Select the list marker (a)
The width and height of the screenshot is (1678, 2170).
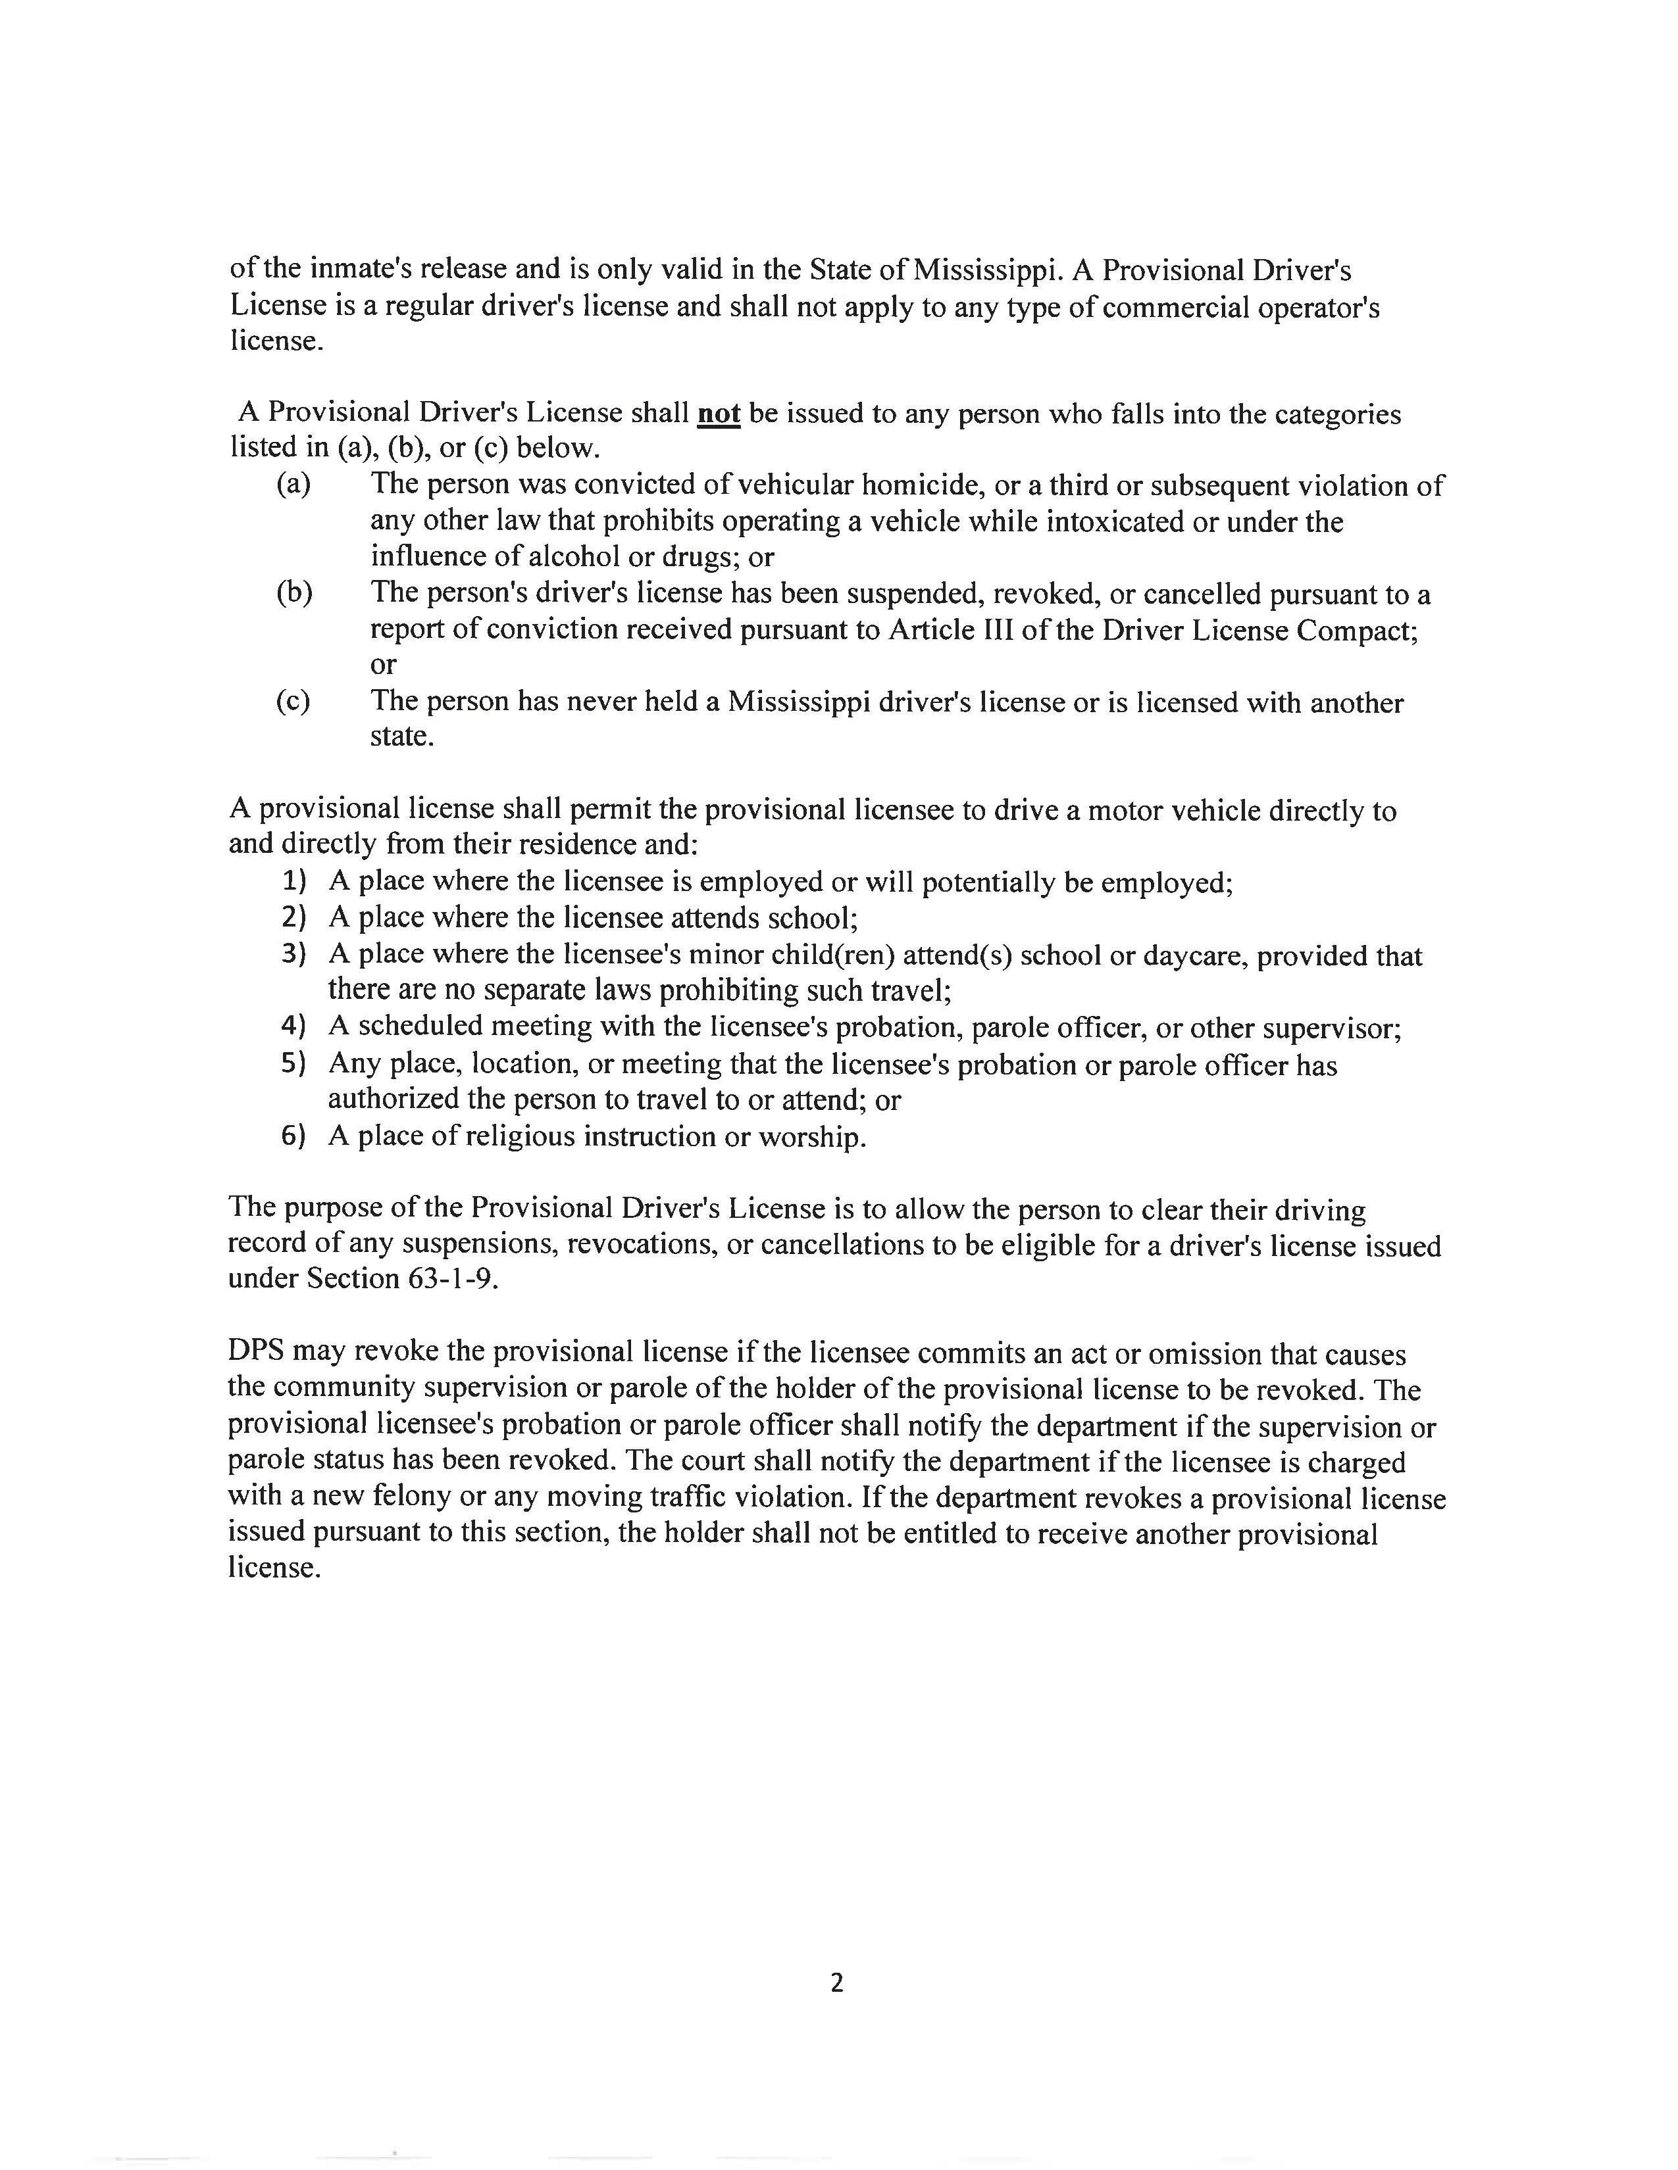click(293, 484)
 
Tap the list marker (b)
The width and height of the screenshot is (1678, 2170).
click(294, 592)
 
